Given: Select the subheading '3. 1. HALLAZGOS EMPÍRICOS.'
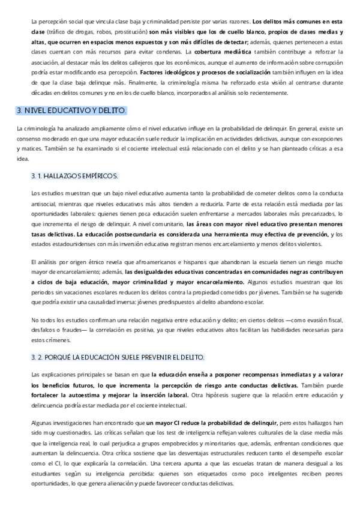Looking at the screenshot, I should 74,176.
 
